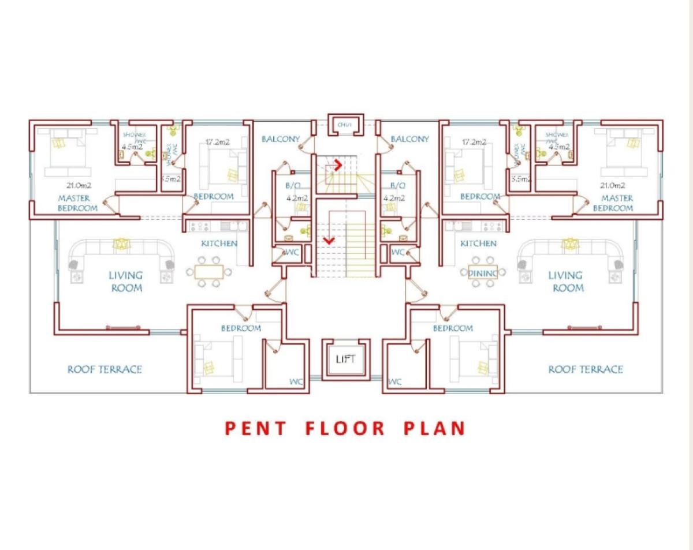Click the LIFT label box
click(345, 359)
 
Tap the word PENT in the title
click(255, 428)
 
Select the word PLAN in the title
click(434, 428)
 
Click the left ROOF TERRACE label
click(105, 369)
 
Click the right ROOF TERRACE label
click(586, 369)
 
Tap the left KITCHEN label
click(219, 244)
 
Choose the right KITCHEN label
click(478, 244)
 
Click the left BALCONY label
click(281, 139)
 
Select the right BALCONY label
click(409, 139)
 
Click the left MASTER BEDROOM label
click(77, 203)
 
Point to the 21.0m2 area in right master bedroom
click(613, 185)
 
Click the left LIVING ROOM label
click(126, 281)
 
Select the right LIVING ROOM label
click(565, 281)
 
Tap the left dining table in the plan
click(208, 272)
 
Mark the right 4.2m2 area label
click(396, 198)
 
